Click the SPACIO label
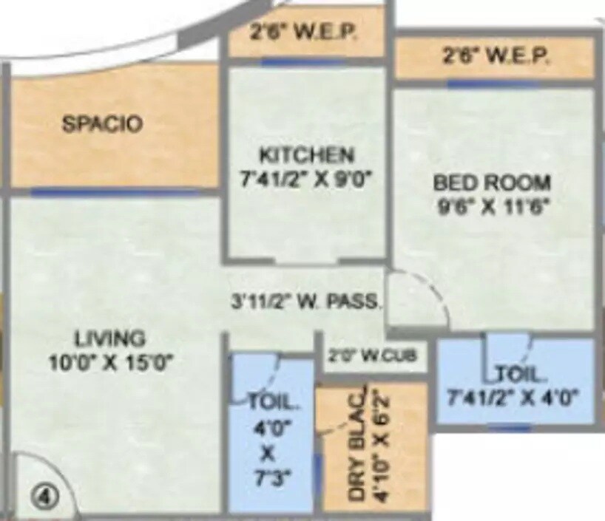(102, 123)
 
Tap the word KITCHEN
(307, 155)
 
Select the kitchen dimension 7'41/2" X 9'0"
(307, 177)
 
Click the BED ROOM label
(492, 182)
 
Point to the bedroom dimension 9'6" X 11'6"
(492, 205)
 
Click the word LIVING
(109, 339)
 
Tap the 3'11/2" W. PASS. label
(305, 301)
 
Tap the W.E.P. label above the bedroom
(496, 57)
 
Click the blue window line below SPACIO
(115, 192)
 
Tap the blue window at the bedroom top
(492, 84)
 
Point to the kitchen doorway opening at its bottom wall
(305, 261)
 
